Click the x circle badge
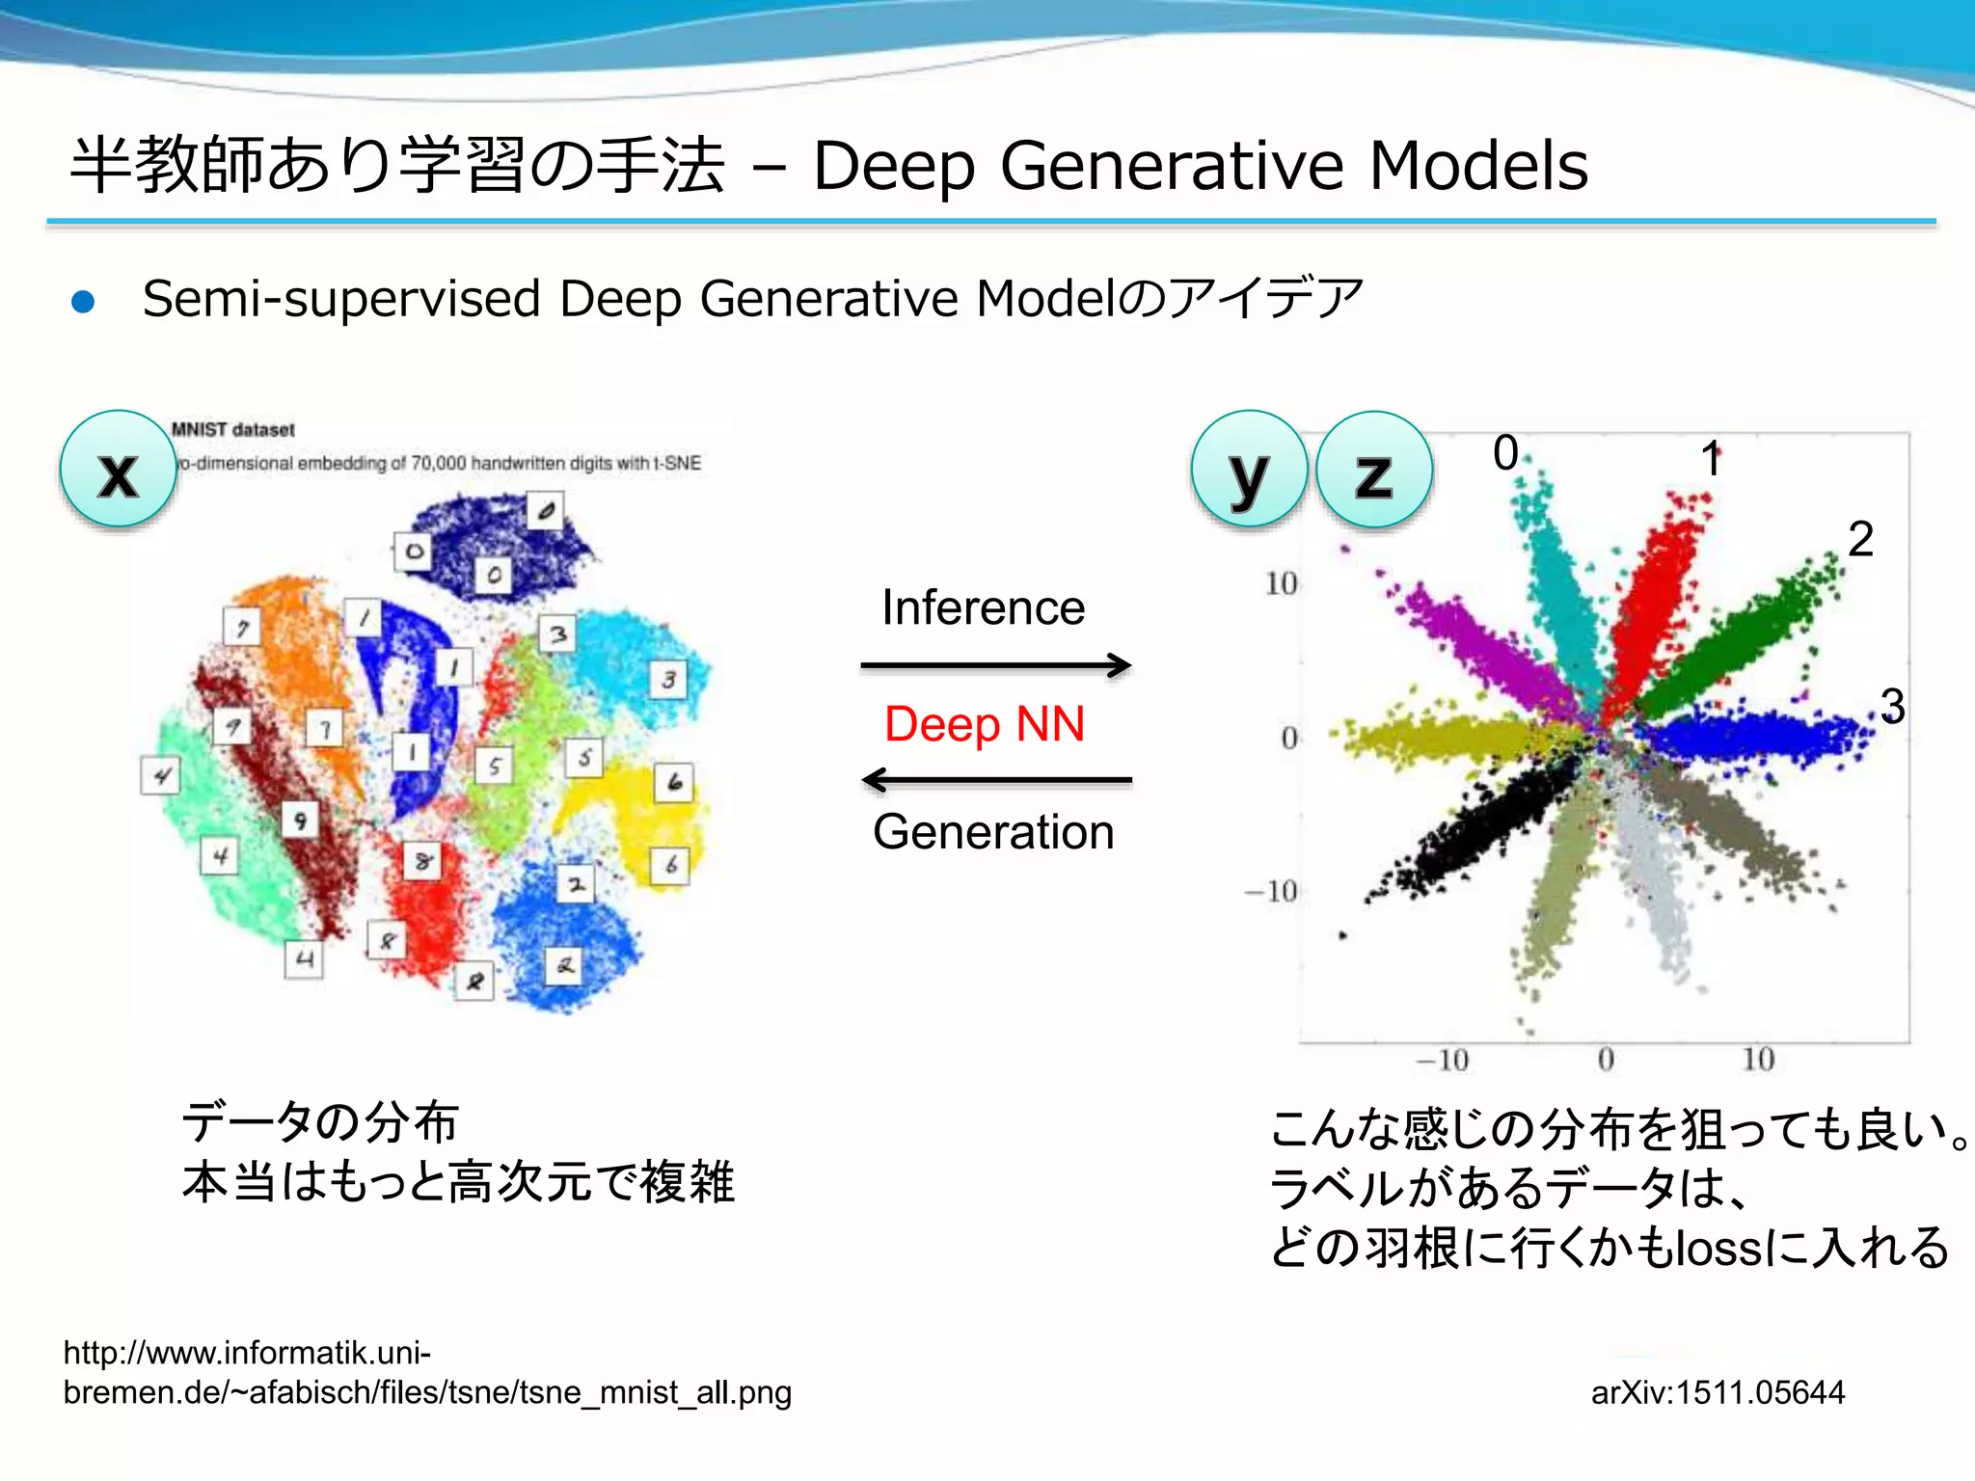(118, 470)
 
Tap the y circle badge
(1249, 470)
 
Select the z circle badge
(1374, 470)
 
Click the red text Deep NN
(985, 724)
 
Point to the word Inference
(983, 607)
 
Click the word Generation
(993, 832)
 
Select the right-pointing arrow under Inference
(995, 665)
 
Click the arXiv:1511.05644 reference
(1718, 1392)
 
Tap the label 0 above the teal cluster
(1505, 453)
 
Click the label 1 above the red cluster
(1711, 459)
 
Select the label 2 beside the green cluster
(1860, 539)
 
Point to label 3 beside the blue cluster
(1892, 707)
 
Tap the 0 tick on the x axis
(1606, 1060)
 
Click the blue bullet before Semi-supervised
(84, 302)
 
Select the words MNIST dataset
(232, 430)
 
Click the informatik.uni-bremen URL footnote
(426, 1373)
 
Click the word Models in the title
(1477, 166)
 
